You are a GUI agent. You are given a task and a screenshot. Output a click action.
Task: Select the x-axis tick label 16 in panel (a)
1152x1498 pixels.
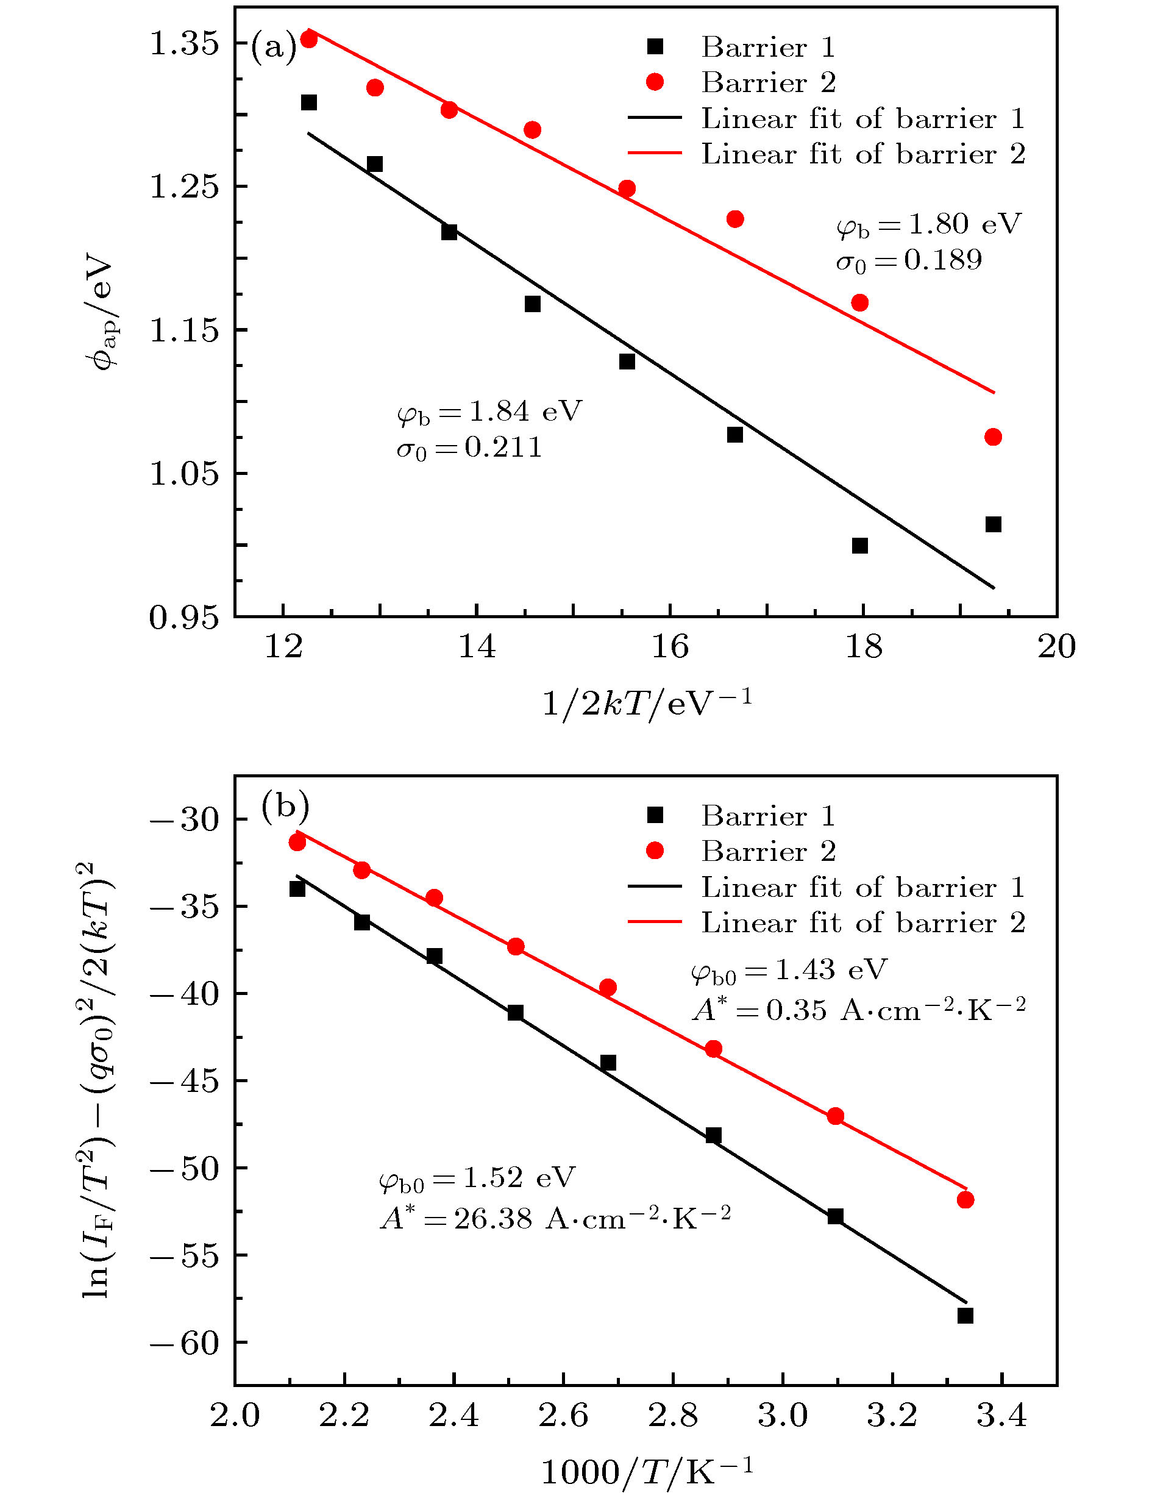[x=669, y=647]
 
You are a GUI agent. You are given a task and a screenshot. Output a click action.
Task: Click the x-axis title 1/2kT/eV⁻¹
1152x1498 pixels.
[x=647, y=702]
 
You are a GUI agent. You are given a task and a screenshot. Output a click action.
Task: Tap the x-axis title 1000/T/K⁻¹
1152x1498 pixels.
[x=647, y=1471]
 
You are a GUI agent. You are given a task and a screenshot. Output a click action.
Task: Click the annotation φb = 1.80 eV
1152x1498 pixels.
[x=928, y=224]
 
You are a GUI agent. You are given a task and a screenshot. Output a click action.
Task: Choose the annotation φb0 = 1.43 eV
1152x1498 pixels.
[x=789, y=970]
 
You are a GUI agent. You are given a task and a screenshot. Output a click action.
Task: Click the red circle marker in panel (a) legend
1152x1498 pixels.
[x=655, y=82]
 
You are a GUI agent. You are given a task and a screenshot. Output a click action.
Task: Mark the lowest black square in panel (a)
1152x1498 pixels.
[x=860, y=545]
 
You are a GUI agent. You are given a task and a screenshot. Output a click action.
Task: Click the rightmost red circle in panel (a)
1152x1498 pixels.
[x=993, y=437]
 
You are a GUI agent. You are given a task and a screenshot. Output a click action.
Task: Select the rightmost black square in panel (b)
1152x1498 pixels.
[x=965, y=1316]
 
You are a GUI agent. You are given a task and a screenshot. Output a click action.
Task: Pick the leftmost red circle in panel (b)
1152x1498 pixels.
[x=297, y=843]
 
